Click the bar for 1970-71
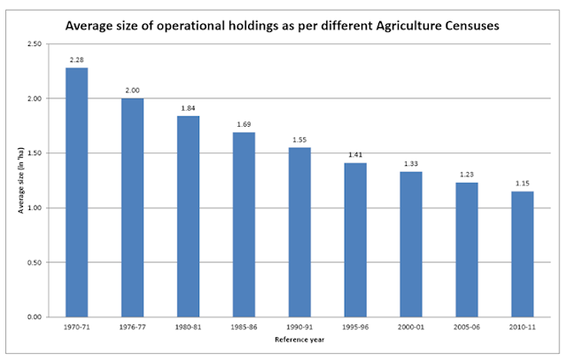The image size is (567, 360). (76, 192)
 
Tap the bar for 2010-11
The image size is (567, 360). (522, 254)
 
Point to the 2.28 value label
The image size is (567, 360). (76, 60)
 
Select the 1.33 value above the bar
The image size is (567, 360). (410, 164)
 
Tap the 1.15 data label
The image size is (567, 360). (522, 184)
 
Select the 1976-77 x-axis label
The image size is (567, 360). (132, 327)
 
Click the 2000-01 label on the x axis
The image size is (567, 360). (410, 327)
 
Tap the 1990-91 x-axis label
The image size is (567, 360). (299, 327)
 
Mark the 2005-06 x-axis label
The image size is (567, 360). (466, 327)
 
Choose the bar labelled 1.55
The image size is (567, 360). (299, 232)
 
